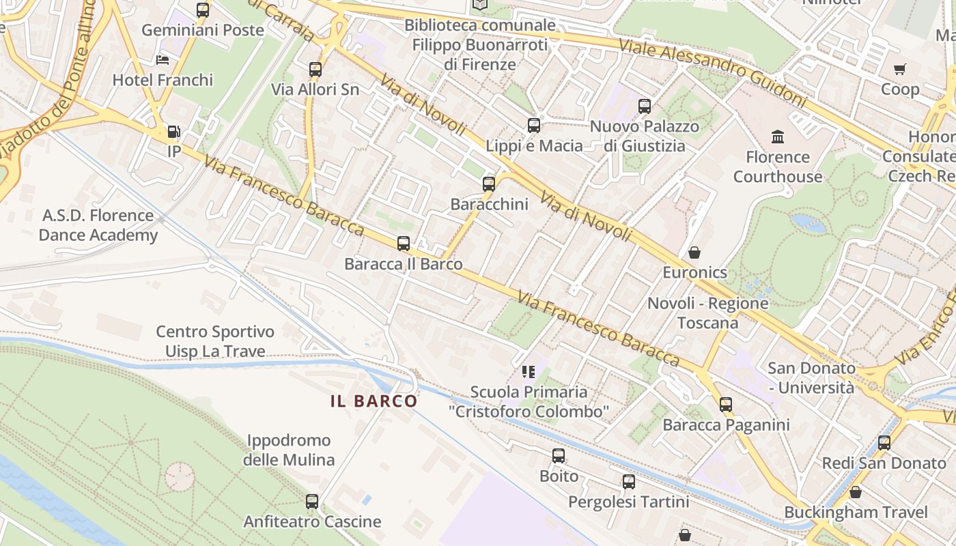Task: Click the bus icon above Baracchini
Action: (x=488, y=184)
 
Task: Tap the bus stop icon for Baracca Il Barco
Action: (x=403, y=244)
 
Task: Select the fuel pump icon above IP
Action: (x=174, y=132)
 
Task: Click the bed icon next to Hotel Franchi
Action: (x=163, y=60)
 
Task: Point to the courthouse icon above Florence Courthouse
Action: (x=777, y=137)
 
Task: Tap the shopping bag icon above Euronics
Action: (x=694, y=253)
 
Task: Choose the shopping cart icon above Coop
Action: (x=899, y=69)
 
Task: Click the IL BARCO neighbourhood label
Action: (x=374, y=401)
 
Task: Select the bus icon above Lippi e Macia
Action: (x=534, y=126)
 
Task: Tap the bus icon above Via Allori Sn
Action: (x=315, y=69)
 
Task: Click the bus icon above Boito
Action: (x=559, y=456)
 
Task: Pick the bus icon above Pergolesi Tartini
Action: (x=629, y=482)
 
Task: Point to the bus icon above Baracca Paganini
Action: (x=725, y=405)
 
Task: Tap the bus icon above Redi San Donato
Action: (x=884, y=443)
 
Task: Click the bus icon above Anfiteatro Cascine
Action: (x=312, y=502)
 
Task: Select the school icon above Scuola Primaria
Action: (x=528, y=372)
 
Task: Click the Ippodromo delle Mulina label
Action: (x=289, y=450)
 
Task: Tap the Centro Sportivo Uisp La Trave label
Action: (x=215, y=341)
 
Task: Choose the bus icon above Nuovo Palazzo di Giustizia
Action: (x=645, y=106)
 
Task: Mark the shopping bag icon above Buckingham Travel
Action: (x=855, y=492)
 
